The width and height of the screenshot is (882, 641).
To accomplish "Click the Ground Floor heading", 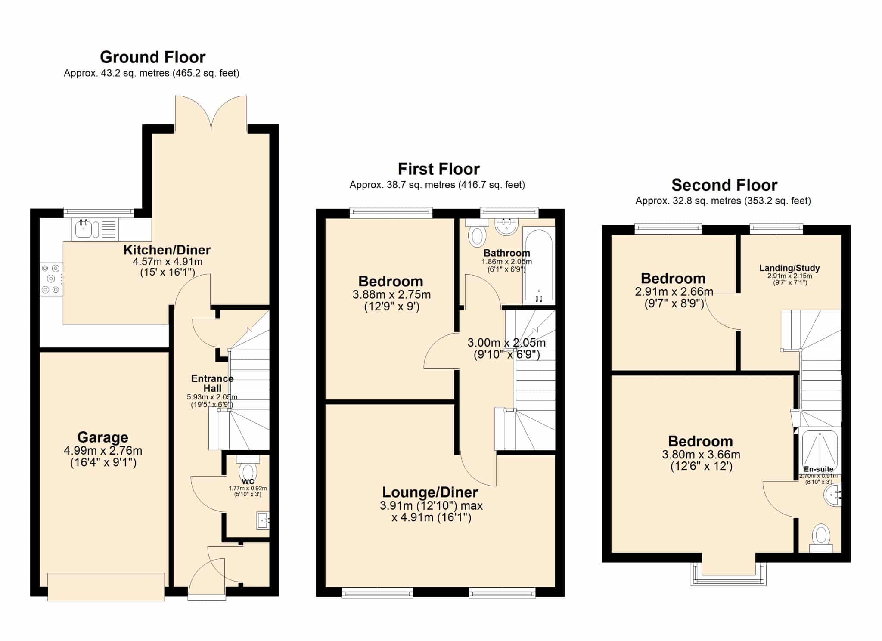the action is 152,57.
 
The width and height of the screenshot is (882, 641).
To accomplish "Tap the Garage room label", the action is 102,437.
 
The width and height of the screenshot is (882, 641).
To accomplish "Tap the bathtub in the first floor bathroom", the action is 538,266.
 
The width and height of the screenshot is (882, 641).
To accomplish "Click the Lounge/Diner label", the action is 430,492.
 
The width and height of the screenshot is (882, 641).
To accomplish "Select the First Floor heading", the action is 438,169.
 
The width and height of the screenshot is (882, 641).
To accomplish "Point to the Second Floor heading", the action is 724,185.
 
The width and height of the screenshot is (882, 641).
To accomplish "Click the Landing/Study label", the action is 789,268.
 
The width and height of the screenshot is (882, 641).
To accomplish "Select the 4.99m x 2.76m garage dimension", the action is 103,451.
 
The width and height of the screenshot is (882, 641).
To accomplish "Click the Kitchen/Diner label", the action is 167,250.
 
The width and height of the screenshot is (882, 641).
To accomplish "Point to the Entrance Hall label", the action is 212,383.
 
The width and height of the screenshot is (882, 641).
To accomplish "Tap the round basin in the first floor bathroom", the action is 506,226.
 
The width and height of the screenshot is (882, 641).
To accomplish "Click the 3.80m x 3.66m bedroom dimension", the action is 701,455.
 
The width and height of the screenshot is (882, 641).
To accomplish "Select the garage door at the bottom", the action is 106,587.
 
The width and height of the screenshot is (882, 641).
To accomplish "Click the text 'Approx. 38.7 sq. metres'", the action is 402,185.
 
